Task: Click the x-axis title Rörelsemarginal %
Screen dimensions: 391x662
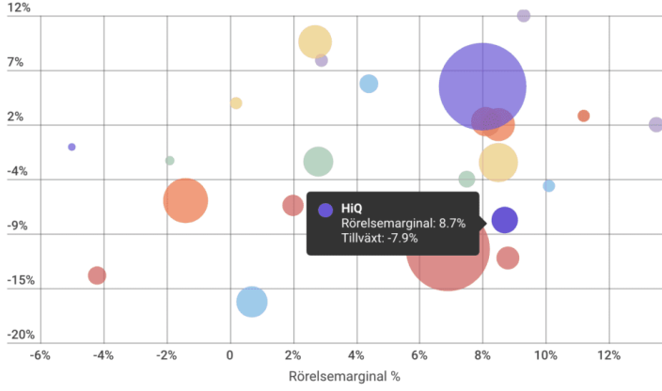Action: point(344,377)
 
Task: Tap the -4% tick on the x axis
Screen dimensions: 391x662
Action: point(103,355)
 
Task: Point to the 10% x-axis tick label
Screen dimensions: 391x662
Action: point(545,355)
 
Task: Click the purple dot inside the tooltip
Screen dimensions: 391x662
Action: point(325,210)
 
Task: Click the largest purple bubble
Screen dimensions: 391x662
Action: point(482,86)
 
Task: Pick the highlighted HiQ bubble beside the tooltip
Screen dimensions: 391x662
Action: point(505,220)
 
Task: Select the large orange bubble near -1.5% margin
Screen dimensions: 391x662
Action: point(185,200)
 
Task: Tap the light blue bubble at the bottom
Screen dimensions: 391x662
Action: point(252,302)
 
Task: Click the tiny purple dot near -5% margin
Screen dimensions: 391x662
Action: point(71,147)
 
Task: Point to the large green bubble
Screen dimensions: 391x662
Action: point(319,162)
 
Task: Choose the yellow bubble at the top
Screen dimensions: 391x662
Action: point(315,41)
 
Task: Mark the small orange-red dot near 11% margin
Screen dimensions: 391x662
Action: point(584,116)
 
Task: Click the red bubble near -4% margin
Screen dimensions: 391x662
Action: point(97,275)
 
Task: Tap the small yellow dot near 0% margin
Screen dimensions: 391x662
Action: point(236,103)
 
